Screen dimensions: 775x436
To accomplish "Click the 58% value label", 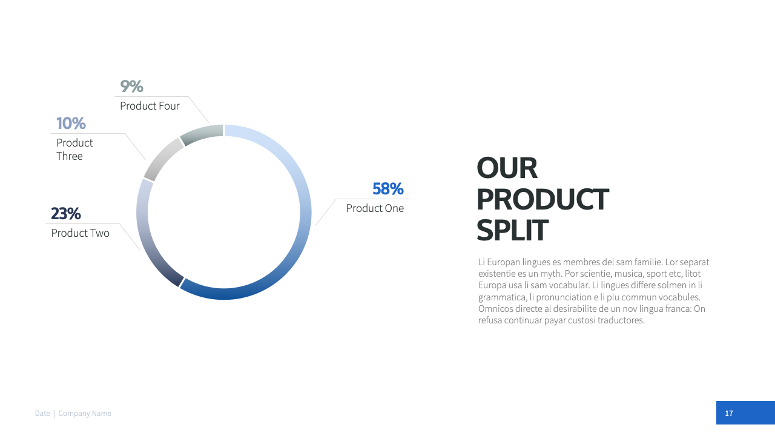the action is click(x=388, y=189).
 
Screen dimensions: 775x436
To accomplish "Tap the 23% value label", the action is click(x=66, y=214).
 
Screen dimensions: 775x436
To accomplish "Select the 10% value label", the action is click(x=71, y=123).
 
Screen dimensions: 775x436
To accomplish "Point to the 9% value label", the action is click(x=131, y=86).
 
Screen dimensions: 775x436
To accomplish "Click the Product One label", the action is click(x=375, y=208).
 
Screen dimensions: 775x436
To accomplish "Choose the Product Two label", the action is click(x=81, y=233).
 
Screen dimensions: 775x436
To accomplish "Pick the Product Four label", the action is click(x=150, y=106).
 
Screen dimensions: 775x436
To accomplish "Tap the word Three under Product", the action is click(x=70, y=156).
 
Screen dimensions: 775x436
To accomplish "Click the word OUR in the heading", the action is click(x=507, y=168).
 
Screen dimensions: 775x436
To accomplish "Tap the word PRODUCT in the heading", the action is click(x=542, y=199).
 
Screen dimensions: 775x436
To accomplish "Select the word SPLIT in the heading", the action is click(x=512, y=230).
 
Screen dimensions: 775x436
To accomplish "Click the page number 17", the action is click(x=729, y=413).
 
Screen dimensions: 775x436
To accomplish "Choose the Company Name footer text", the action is click(x=85, y=414).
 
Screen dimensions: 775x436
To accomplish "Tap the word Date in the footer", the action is click(x=42, y=414).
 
